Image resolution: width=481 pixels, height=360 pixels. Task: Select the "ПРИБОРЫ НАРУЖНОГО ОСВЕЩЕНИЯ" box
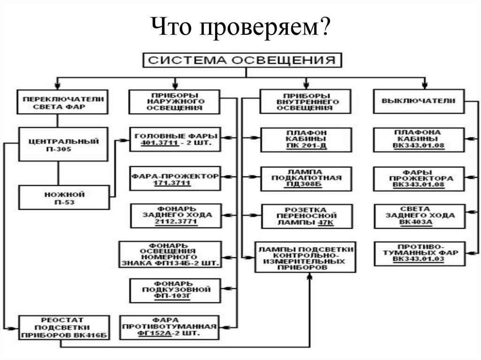(175, 101)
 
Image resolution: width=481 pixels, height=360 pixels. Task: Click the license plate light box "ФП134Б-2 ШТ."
(171, 255)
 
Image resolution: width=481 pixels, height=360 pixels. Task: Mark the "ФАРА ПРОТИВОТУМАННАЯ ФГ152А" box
(170, 327)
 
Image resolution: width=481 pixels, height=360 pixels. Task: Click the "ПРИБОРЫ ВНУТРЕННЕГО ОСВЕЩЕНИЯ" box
(305, 101)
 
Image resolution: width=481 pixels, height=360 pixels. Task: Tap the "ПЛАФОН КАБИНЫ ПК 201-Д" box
(305, 139)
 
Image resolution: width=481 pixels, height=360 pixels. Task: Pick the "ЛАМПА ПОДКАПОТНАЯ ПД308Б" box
(305, 178)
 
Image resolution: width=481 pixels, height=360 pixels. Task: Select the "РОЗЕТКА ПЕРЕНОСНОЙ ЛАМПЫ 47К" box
(305, 216)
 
